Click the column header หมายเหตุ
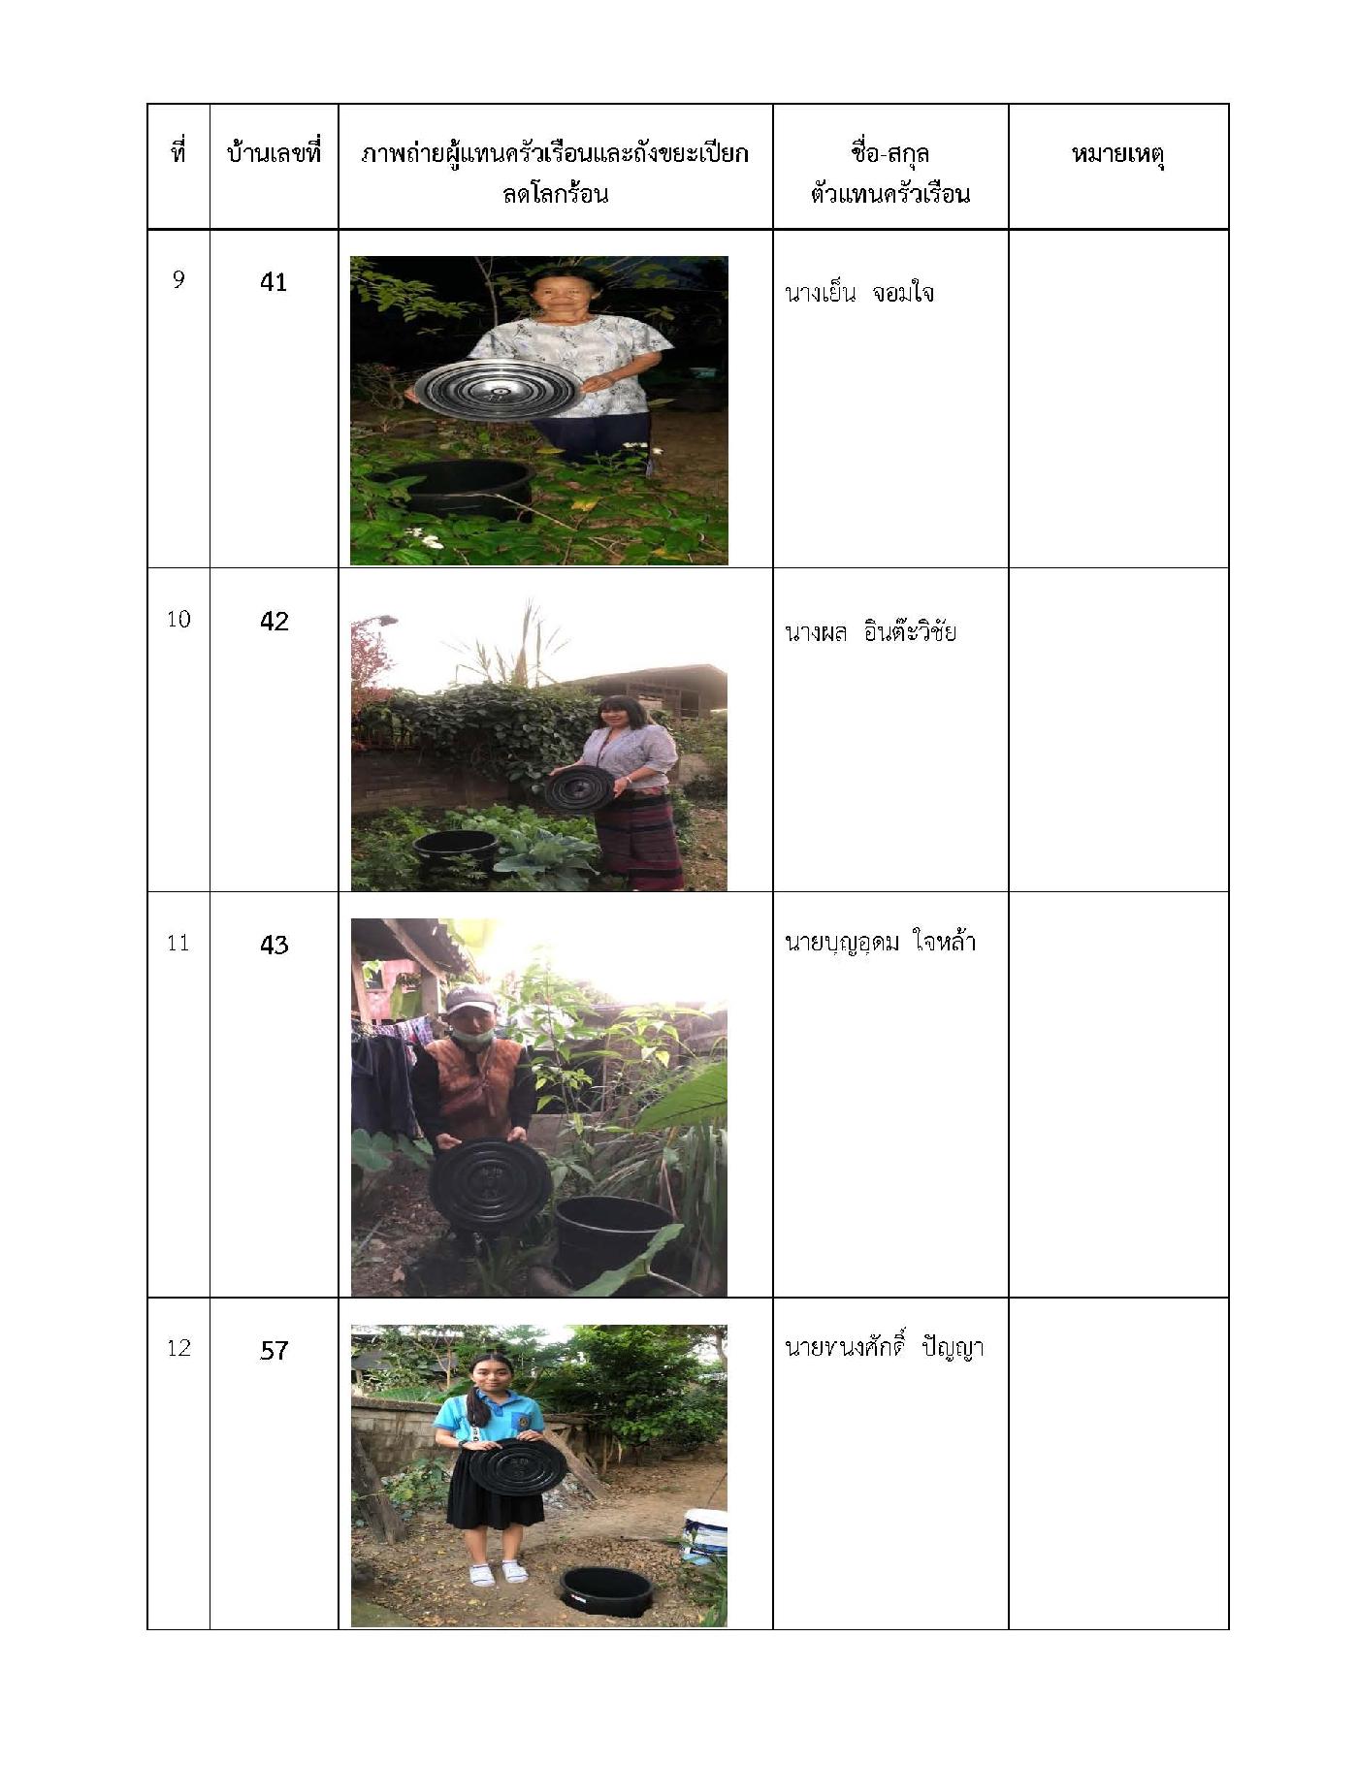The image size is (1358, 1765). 1117,155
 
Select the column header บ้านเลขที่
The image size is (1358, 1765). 274,153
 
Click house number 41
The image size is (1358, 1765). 274,282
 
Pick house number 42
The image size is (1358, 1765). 274,621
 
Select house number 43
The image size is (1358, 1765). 274,945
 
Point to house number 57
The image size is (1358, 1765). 274,1350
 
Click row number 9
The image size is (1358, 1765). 178,280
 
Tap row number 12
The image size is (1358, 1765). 178,1348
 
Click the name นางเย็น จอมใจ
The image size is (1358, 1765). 858,292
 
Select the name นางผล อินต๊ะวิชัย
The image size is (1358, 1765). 870,631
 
